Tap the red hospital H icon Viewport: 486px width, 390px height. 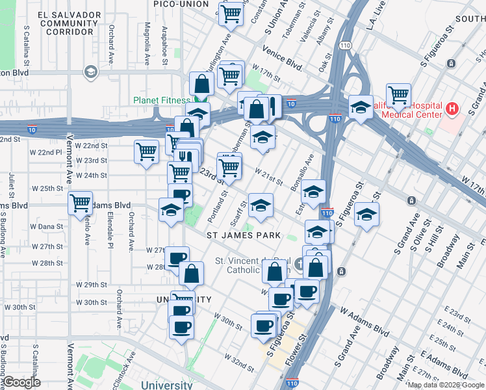click(452, 109)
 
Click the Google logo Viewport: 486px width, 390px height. click(21, 382)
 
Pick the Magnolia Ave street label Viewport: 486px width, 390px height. click(147, 44)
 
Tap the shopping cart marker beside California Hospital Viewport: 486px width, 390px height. click(398, 96)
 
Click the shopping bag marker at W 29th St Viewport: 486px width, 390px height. click(192, 273)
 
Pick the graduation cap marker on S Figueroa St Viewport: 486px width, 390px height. click(366, 215)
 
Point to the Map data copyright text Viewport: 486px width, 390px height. click(446, 385)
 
